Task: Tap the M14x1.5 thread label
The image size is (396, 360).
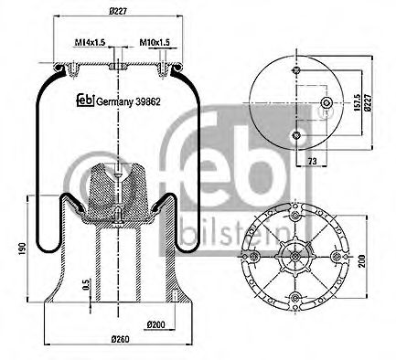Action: tap(88, 40)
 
